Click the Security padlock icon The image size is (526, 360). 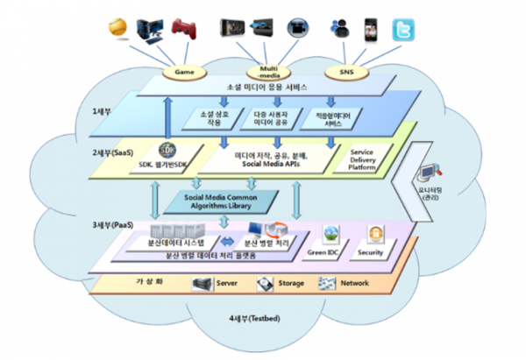(x=375, y=235)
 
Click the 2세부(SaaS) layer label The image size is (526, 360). (x=114, y=152)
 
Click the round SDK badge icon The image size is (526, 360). (x=168, y=149)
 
